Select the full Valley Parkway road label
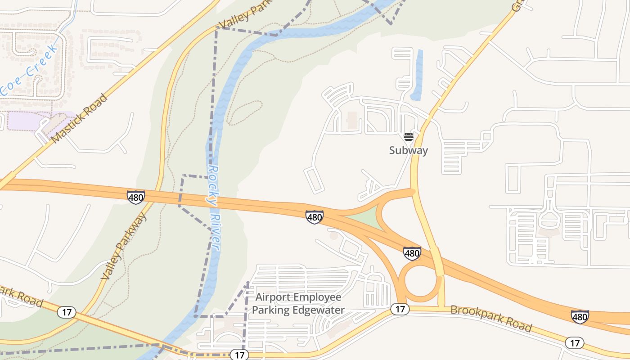pos(124,246)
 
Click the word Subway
pos(408,150)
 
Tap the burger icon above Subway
pos(408,137)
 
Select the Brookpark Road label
pos(491,318)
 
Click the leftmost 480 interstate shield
pos(135,197)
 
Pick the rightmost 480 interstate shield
pos(580,317)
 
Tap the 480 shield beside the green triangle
pos(314,217)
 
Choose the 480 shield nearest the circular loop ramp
pos(412,253)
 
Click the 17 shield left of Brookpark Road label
pos(400,309)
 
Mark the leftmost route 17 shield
pos(67,312)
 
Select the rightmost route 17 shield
pos(575,343)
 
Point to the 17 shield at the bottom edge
pos(239,355)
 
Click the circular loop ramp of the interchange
pos(422,281)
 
